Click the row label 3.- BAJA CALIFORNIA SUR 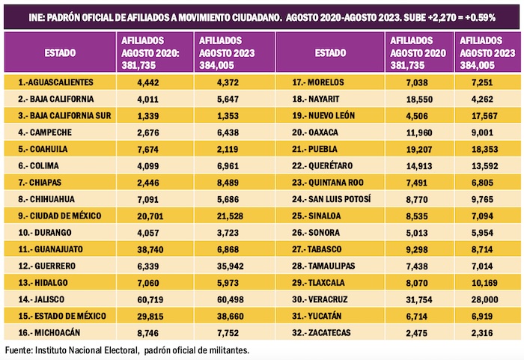point(67,116)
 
